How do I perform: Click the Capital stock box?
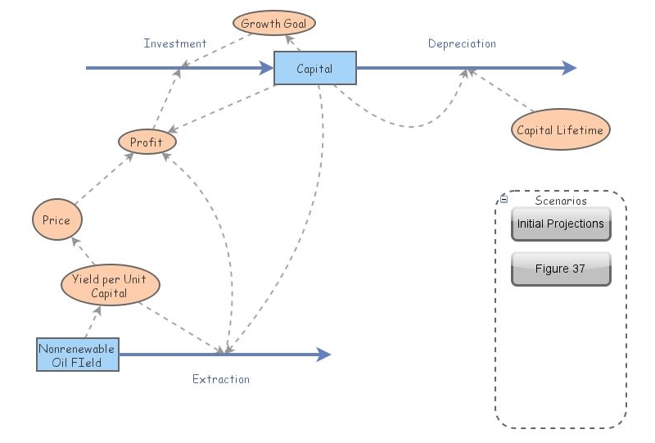tap(314, 69)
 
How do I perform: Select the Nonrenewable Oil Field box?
tap(77, 355)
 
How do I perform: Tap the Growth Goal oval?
tap(273, 23)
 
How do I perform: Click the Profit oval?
tap(147, 142)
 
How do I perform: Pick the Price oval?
tap(57, 220)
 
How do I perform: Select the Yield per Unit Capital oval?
tap(110, 286)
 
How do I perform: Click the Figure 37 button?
tap(561, 269)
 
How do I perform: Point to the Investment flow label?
tap(175, 43)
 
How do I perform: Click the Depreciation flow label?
tap(462, 43)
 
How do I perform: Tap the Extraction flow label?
tap(221, 379)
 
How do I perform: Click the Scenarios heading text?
tap(561, 201)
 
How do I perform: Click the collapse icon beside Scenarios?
tap(504, 199)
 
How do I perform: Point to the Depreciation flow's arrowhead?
tap(569, 69)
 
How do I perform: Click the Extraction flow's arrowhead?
tap(323, 355)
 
